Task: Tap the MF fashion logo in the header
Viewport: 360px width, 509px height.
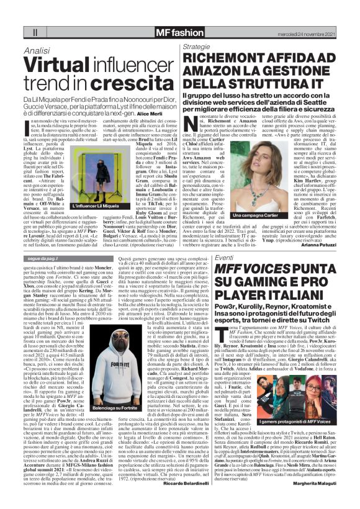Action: click(x=179, y=31)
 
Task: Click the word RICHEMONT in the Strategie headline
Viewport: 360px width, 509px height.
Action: click(x=229, y=59)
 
